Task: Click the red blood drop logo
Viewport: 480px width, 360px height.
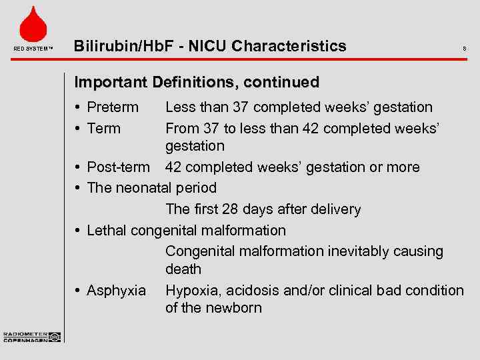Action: point(33,25)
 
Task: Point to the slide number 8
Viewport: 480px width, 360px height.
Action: point(464,49)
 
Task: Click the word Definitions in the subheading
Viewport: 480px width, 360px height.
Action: point(194,83)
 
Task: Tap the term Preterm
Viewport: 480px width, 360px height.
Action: point(113,107)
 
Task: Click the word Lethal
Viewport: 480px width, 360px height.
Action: point(107,231)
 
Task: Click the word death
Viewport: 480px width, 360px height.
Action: point(183,269)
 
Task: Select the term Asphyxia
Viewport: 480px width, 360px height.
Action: point(116,291)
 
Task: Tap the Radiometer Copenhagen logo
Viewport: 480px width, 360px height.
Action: point(31,337)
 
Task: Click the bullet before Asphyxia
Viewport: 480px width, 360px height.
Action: point(79,291)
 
